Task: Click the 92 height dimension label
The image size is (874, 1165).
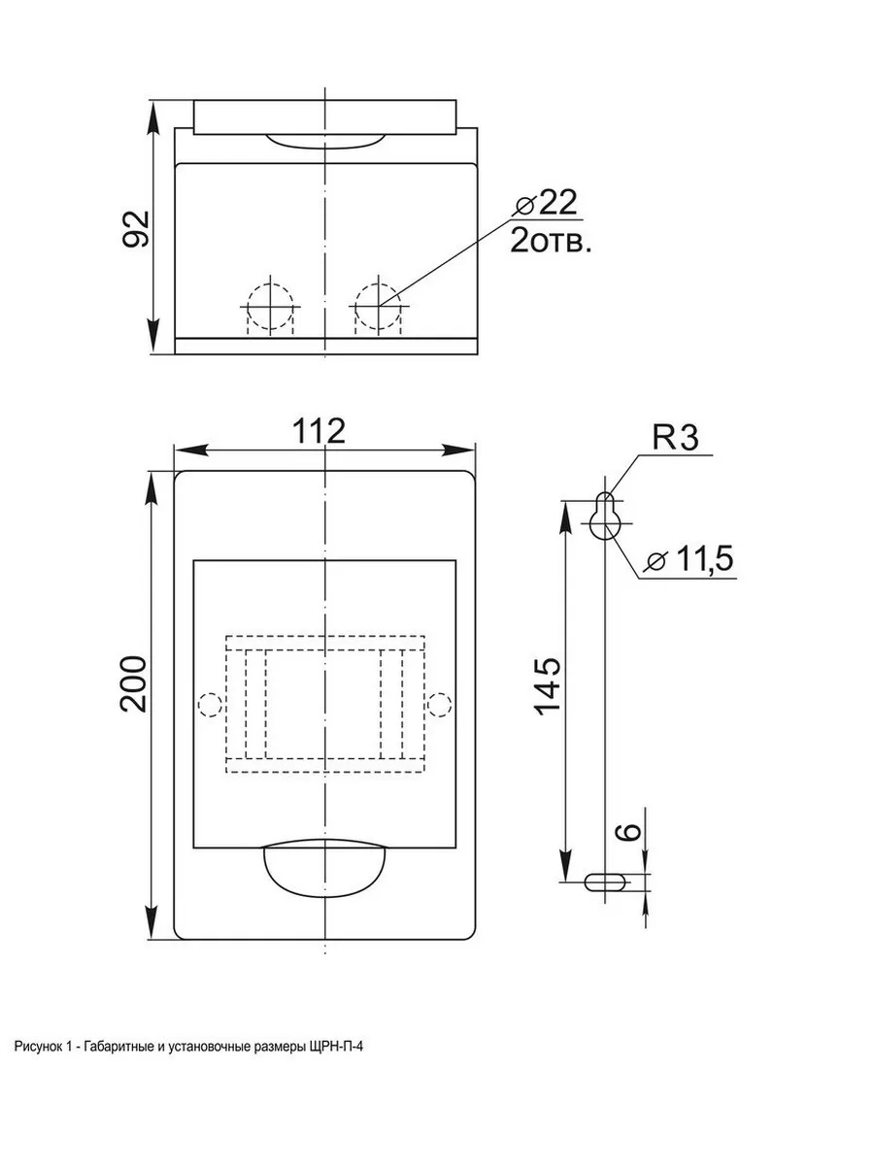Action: click(x=136, y=229)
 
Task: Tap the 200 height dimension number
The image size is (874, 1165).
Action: click(x=133, y=683)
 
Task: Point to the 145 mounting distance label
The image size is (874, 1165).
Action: click(x=547, y=686)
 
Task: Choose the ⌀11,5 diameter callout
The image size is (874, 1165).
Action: click(x=690, y=559)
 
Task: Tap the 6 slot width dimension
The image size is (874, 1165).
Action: click(x=629, y=832)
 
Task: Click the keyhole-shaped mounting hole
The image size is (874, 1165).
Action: click(x=605, y=516)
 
